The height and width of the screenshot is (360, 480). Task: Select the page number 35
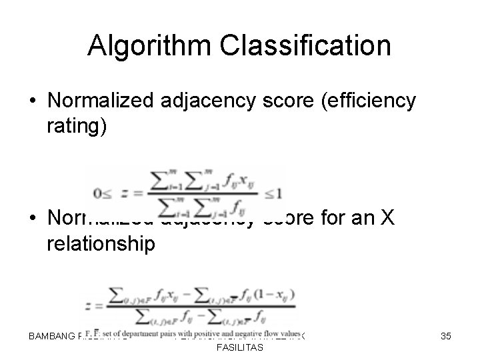[445, 337]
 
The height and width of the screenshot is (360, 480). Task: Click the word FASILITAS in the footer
[239, 348]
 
